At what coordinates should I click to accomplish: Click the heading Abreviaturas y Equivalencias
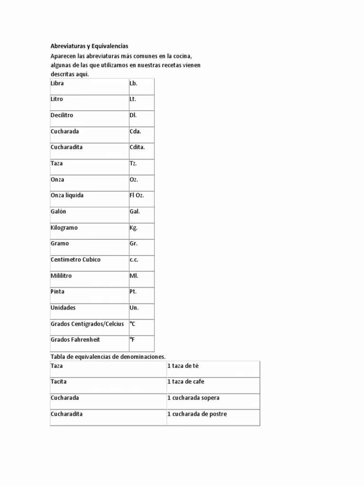click(x=90, y=46)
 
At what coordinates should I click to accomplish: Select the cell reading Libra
click(x=57, y=84)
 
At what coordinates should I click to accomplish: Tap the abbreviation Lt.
click(x=133, y=100)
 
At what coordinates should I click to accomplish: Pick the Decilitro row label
click(x=62, y=115)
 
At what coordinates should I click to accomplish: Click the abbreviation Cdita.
click(x=137, y=147)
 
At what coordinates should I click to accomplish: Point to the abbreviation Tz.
click(x=133, y=163)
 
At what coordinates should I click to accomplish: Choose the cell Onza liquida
click(x=67, y=196)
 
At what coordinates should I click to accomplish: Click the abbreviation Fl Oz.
click(x=136, y=196)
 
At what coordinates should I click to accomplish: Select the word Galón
click(x=58, y=212)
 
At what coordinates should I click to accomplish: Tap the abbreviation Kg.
click(x=134, y=228)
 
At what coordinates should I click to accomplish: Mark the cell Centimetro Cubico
click(x=75, y=260)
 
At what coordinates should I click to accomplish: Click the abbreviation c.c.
click(x=134, y=260)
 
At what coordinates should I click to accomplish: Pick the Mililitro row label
click(x=61, y=276)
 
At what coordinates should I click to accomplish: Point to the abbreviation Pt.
click(x=133, y=292)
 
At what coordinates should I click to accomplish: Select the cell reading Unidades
click(x=63, y=308)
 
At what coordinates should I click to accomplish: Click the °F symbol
click(x=132, y=340)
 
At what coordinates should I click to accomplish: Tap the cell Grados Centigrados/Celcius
click(x=87, y=324)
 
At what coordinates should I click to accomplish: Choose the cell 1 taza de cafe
click(x=186, y=382)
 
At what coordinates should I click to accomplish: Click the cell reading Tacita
click(x=59, y=382)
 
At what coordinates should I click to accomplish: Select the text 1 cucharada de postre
click(x=197, y=414)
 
